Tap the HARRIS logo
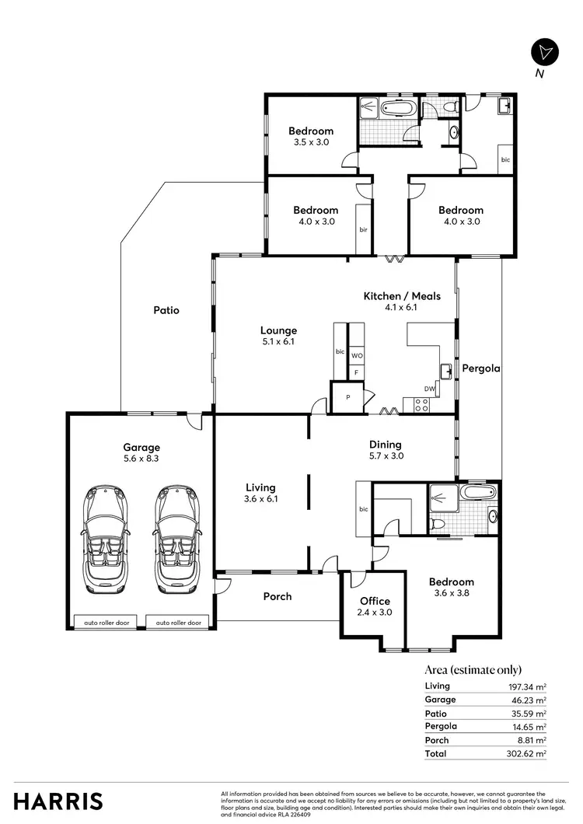(58, 800)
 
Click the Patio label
(166, 310)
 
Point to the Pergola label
(480, 368)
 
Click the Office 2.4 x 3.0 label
(375, 606)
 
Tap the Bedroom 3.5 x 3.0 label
(311, 137)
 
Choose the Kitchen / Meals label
(402, 302)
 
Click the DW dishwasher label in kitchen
(428, 389)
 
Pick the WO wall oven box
(357, 355)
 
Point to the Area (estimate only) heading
(473, 670)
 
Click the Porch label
(278, 596)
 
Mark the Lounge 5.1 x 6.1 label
(278, 336)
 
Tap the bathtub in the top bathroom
(399, 107)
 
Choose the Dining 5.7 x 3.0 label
(386, 451)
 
